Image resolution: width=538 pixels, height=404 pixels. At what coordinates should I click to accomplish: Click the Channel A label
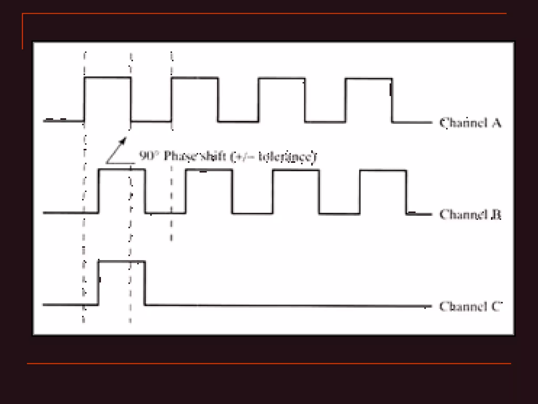click(470, 123)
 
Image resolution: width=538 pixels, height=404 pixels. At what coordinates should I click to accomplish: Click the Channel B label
click(470, 214)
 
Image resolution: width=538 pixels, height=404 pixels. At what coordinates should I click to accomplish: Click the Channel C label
click(470, 306)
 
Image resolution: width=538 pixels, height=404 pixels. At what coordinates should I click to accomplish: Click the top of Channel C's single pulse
click(122, 261)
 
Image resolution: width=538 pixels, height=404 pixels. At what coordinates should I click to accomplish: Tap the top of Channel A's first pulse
click(107, 77)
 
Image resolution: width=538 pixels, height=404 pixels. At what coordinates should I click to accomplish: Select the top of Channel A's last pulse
click(369, 78)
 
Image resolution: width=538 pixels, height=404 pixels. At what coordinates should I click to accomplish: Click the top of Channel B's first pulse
click(122, 170)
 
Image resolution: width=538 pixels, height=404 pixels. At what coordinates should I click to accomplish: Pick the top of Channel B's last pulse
click(383, 171)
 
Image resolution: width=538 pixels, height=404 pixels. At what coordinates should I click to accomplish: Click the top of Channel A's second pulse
click(195, 78)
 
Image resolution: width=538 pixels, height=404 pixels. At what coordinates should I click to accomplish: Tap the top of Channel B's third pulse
click(296, 170)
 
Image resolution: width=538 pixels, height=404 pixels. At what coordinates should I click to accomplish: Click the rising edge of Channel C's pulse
click(99, 283)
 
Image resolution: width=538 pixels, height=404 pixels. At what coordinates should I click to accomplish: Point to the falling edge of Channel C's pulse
click(145, 283)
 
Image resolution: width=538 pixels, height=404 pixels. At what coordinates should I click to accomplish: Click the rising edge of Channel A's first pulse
click(84, 99)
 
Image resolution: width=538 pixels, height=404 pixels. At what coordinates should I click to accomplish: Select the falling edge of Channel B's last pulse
click(406, 192)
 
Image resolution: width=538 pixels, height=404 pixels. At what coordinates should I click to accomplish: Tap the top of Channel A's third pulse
click(282, 78)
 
